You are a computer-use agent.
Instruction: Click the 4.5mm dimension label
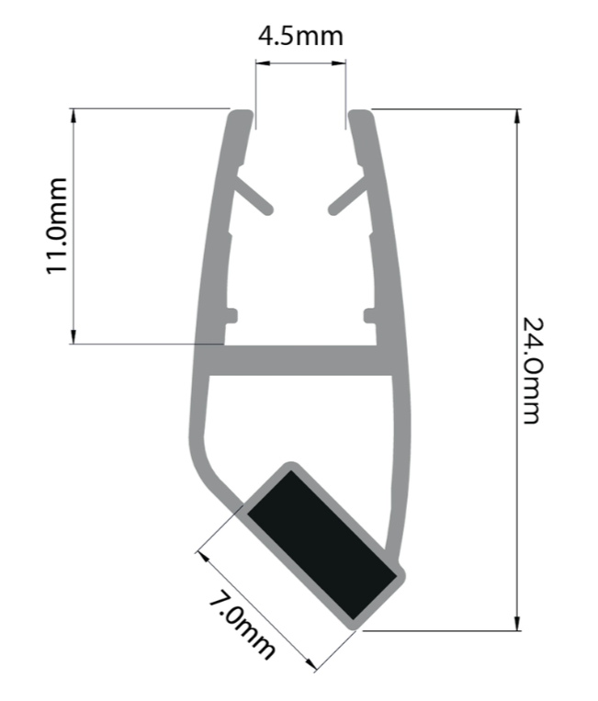300,36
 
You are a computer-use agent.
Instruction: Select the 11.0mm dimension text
57,226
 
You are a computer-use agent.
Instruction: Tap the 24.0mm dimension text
533,370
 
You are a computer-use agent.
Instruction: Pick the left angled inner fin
253,195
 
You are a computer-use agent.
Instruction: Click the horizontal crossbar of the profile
300,360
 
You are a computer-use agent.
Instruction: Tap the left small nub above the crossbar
231,315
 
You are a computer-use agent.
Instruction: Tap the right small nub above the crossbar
370,315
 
